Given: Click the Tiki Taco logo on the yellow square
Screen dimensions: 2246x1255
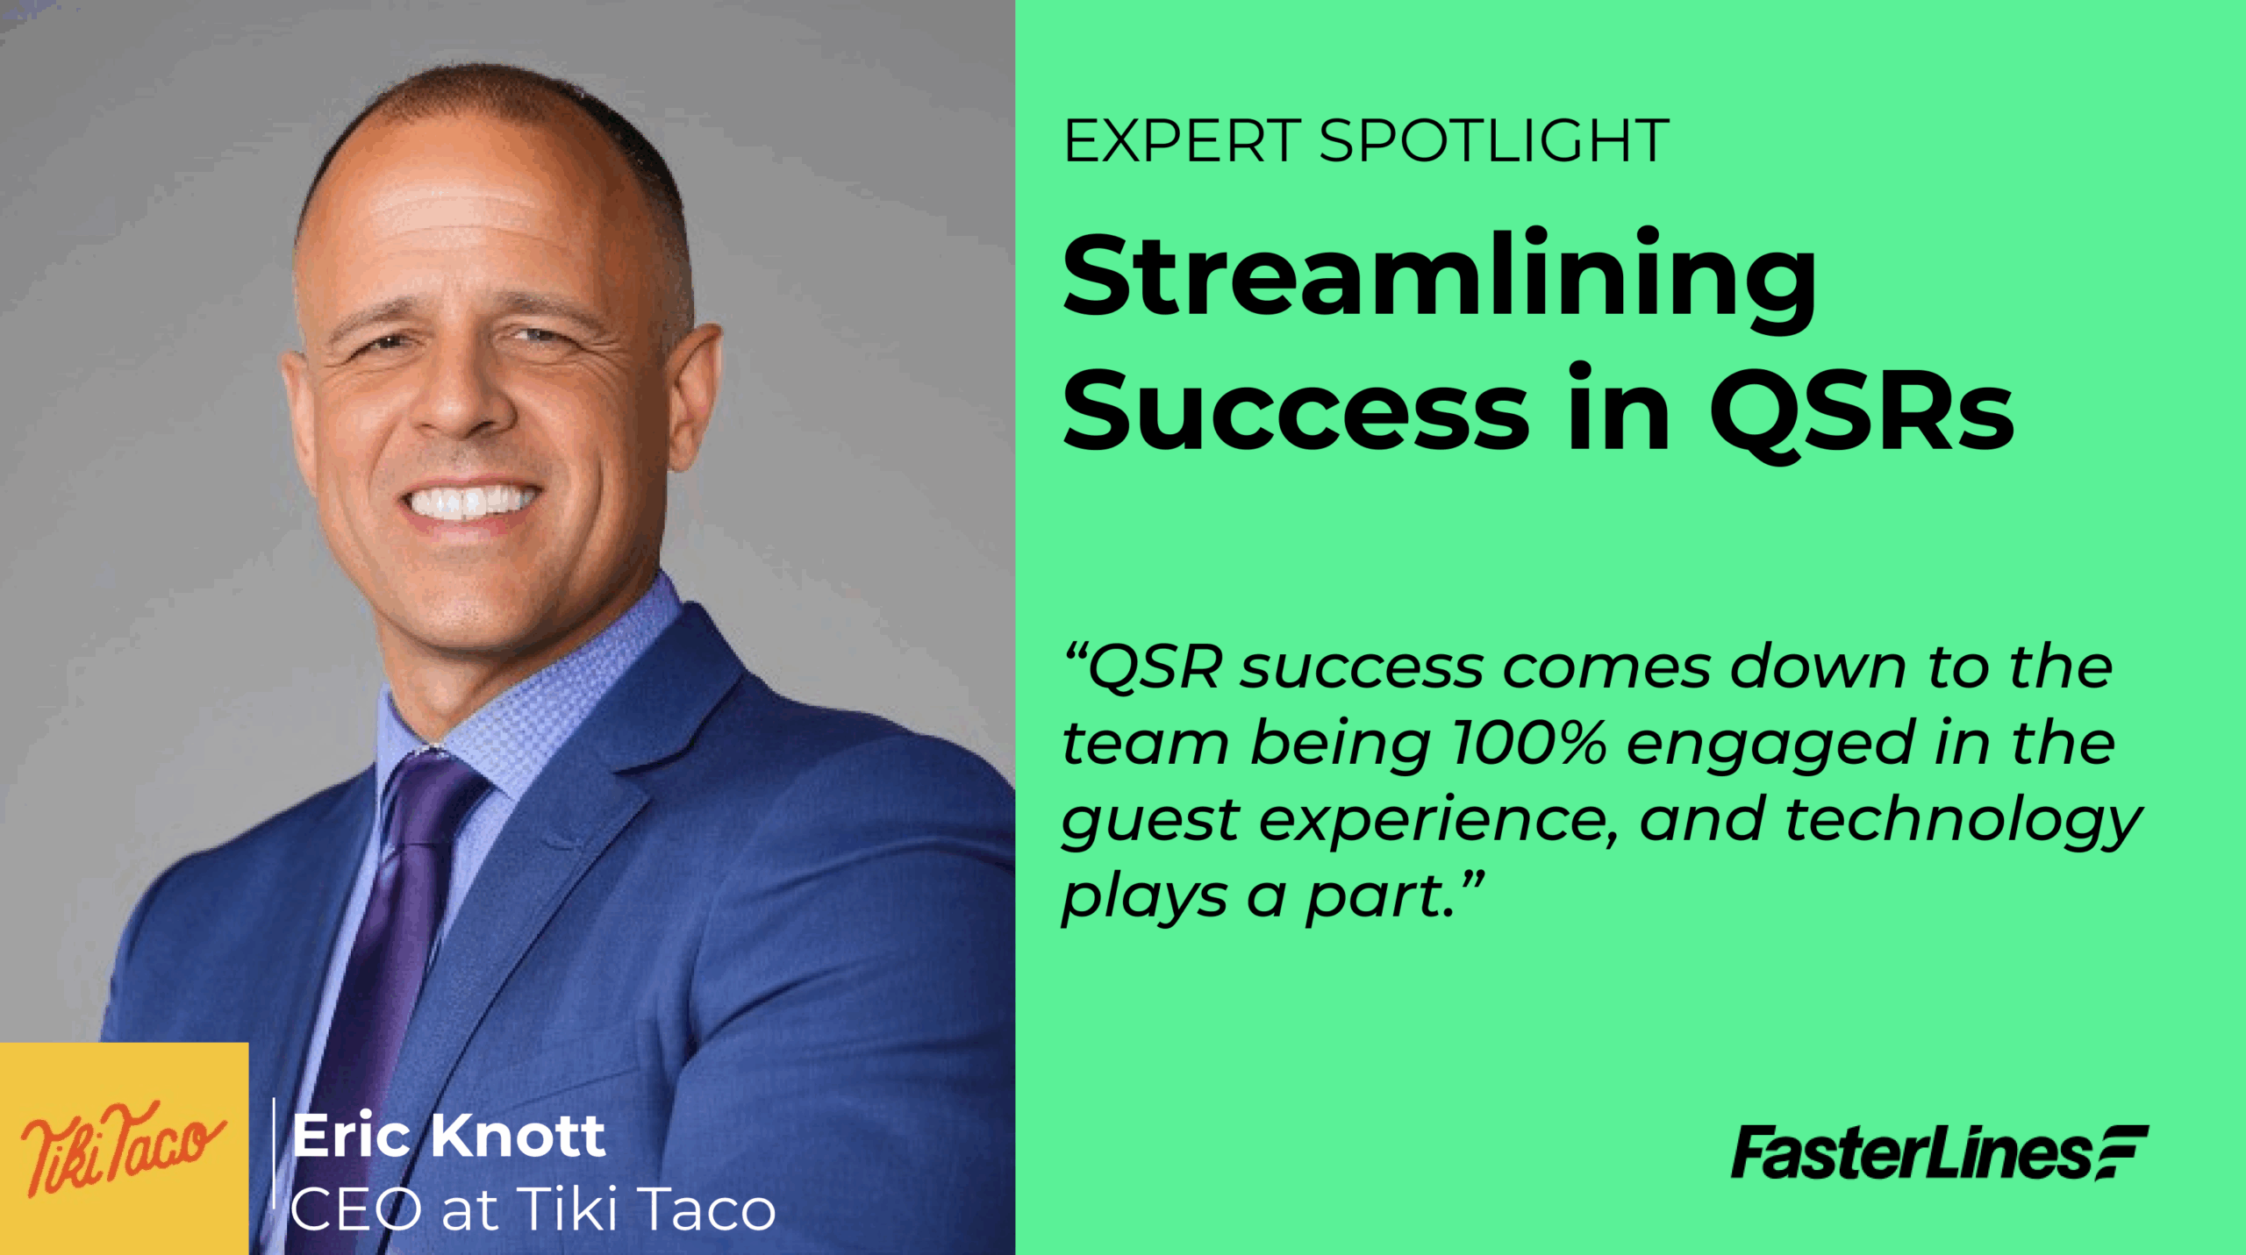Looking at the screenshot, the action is pos(123,1149).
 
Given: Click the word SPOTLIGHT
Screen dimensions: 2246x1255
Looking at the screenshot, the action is pos(1494,141).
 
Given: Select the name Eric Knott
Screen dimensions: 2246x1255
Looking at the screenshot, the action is pos(449,1137).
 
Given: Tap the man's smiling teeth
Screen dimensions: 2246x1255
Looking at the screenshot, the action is pos(471,503).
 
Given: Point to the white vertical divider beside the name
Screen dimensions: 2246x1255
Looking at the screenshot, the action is pos(275,1152).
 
